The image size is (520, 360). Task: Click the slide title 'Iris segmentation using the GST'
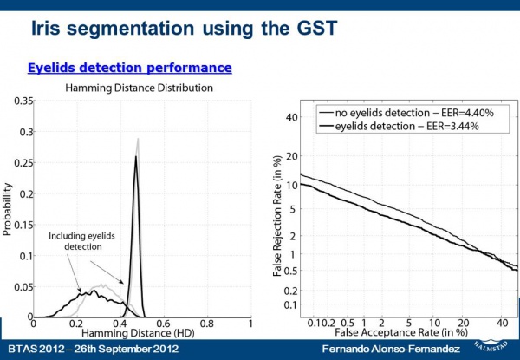point(184,29)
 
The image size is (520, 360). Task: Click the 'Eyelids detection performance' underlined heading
point(130,67)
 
